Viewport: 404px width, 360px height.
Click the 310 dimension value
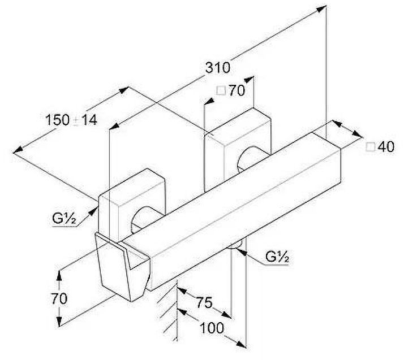tap(218, 68)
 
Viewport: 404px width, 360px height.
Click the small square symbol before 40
tap(371, 147)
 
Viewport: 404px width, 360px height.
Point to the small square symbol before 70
tap(221, 90)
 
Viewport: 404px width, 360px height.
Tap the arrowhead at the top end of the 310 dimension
tap(323, 8)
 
